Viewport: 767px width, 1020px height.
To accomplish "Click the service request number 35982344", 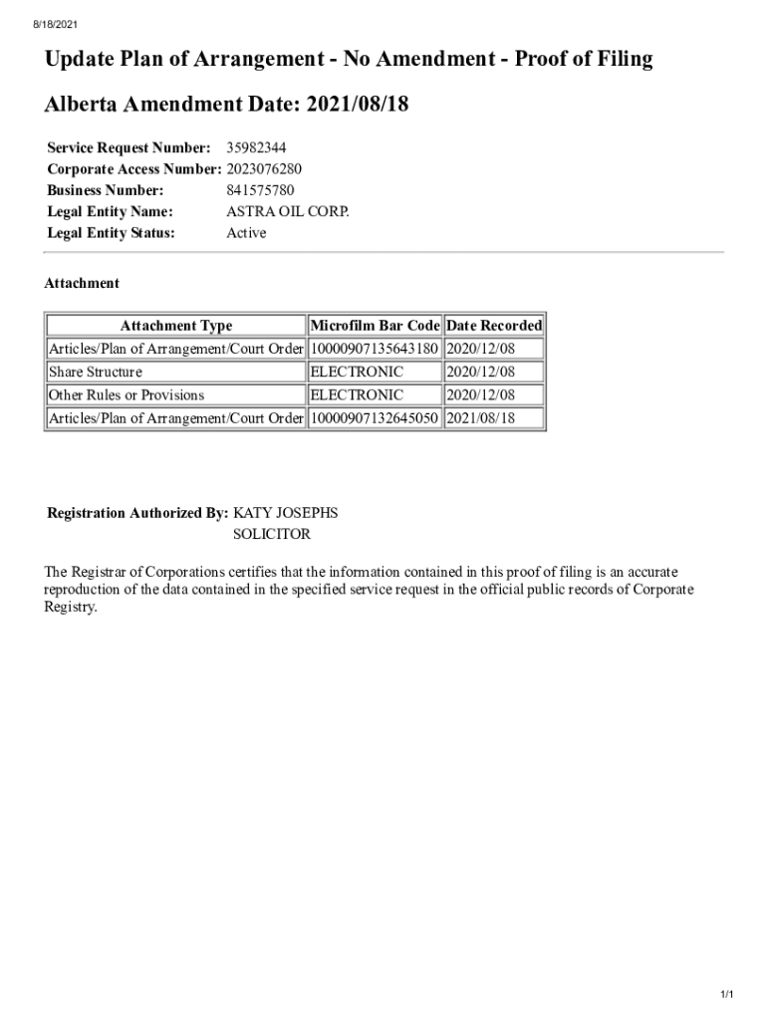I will [256, 148].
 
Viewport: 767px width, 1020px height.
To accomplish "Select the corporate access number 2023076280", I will [264, 169].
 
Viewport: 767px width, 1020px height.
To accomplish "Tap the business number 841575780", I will [260, 190].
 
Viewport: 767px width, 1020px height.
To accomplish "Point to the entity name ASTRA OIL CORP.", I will [288, 211].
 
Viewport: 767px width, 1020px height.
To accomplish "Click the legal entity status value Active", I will [246, 233].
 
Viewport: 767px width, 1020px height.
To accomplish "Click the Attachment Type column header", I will [176, 326].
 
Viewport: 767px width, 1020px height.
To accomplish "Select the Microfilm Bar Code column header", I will [375, 326].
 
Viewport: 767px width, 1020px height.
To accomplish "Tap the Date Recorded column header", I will [494, 326].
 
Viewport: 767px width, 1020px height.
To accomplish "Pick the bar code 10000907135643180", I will [375, 349].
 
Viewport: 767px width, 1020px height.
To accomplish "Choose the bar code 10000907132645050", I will [375, 418].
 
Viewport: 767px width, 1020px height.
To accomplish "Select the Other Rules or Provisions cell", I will [127, 395].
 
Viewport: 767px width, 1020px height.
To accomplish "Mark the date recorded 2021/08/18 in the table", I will [481, 418].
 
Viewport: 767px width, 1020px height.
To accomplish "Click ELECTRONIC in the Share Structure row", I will [358, 372].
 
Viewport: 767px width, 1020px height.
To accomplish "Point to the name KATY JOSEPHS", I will [286, 513].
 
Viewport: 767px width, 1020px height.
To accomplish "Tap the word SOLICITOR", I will [272, 534].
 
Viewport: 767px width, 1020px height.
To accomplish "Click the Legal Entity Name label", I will [111, 211].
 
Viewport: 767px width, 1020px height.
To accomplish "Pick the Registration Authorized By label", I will [138, 513].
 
